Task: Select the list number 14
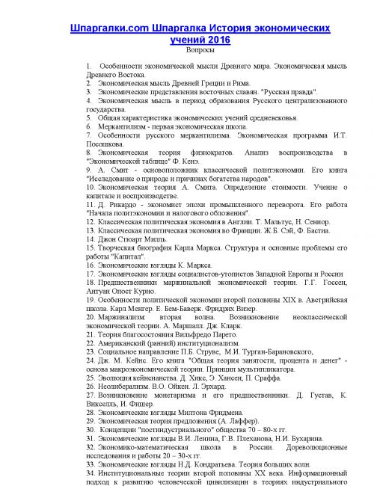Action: [91, 240]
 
